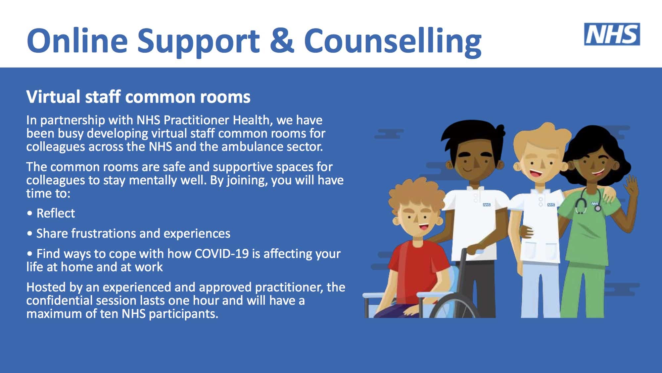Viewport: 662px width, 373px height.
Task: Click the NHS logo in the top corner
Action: [612, 34]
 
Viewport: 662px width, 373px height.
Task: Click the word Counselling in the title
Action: [393, 41]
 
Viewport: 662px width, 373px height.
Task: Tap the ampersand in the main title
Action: [282, 40]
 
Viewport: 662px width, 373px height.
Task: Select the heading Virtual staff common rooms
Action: [138, 97]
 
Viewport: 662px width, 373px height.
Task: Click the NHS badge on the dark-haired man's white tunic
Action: [487, 205]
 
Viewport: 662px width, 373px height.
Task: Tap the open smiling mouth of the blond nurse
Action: [534, 173]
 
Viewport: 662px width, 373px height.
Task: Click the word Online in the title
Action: [77, 41]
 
